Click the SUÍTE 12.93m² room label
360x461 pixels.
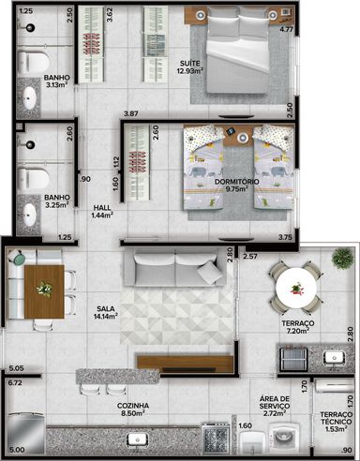tap(189, 67)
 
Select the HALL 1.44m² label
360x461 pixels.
tap(102, 212)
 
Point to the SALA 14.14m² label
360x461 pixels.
tap(106, 313)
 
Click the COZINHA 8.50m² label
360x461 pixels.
tap(133, 409)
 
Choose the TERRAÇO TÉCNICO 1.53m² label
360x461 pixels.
tap(337, 422)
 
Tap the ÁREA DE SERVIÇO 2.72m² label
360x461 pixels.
tap(275, 406)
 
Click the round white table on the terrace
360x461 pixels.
tap(296, 288)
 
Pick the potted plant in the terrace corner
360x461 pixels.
tap(343, 258)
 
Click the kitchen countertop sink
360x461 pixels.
tap(138, 439)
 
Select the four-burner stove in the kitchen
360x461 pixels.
tap(217, 437)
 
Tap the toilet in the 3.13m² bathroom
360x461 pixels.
tap(33, 62)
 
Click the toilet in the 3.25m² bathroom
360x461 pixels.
tap(33, 179)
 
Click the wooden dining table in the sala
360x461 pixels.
tap(44, 291)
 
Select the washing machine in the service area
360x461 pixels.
tap(285, 438)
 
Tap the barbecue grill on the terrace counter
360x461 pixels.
tap(293, 358)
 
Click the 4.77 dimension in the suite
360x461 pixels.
tap(286, 30)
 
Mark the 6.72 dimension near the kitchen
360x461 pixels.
tap(15, 382)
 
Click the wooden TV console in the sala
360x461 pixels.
tap(186, 364)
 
